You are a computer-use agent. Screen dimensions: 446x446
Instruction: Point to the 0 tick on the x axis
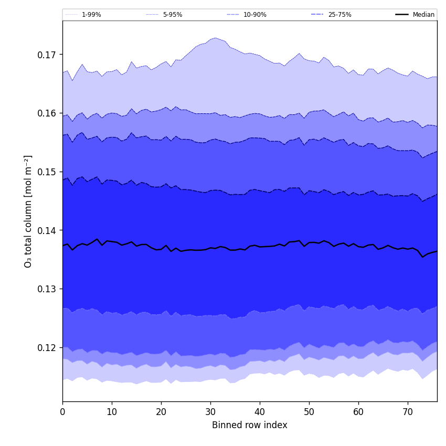[62, 412]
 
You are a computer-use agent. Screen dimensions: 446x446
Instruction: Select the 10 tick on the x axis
[112, 412]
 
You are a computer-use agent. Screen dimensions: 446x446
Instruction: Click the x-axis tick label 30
[210, 412]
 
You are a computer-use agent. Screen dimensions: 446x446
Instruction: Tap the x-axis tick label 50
[309, 412]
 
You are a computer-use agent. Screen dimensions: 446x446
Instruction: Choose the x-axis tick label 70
[408, 412]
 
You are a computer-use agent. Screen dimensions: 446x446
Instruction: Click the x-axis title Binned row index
[250, 426]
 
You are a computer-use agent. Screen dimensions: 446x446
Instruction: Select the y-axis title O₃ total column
[28, 211]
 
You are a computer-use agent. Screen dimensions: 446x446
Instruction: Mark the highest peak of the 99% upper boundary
[215, 38]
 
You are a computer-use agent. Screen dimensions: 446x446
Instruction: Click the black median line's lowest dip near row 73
[422, 257]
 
